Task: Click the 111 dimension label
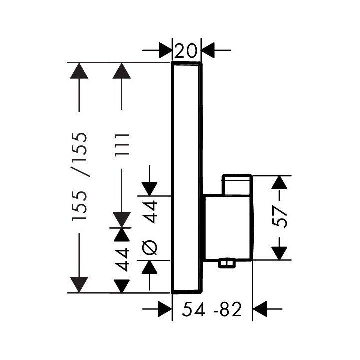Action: coord(121,145)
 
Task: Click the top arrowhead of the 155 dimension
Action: coord(79,71)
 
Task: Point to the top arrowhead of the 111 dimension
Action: coord(121,71)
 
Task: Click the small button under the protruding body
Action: coord(228,263)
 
